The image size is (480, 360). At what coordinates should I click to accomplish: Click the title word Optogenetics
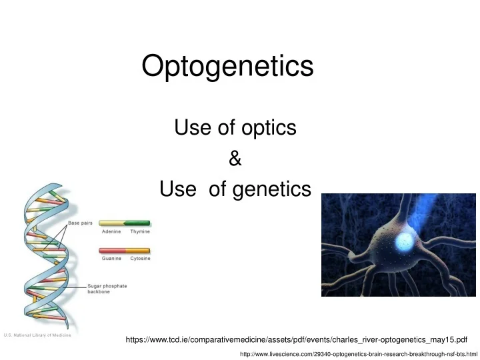(x=228, y=66)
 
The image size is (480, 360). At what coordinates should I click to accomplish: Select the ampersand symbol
(x=235, y=159)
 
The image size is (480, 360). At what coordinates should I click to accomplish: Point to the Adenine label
(x=111, y=232)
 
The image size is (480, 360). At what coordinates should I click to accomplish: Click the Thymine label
(x=140, y=232)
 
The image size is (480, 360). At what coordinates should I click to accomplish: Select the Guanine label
(x=111, y=258)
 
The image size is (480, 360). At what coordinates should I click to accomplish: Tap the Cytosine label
(x=140, y=258)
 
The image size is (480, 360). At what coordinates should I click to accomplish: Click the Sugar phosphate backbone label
(x=107, y=289)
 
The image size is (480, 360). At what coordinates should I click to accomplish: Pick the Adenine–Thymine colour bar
(x=125, y=223)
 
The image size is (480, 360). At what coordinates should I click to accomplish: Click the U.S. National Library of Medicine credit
(x=38, y=335)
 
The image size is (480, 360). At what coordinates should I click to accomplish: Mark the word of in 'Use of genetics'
(x=217, y=190)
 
